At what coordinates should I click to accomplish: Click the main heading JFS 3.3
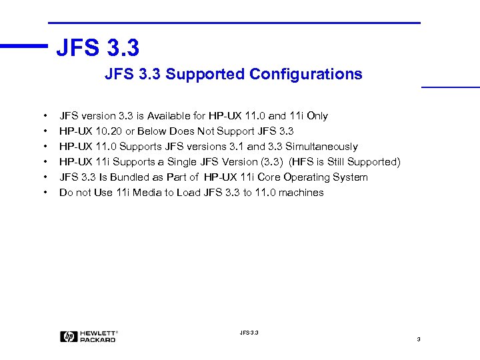[x=97, y=47]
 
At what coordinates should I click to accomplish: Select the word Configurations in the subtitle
[x=306, y=74]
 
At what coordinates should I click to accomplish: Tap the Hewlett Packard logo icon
[x=69, y=337]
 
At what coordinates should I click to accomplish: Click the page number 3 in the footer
[x=418, y=339]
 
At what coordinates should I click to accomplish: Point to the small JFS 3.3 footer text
[x=249, y=332]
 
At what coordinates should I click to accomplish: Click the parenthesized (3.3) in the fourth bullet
[x=271, y=162]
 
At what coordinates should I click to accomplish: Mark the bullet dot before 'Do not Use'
[x=43, y=193]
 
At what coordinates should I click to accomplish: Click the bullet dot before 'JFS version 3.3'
[x=43, y=116]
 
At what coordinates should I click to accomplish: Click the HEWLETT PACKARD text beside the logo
[x=98, y=337]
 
